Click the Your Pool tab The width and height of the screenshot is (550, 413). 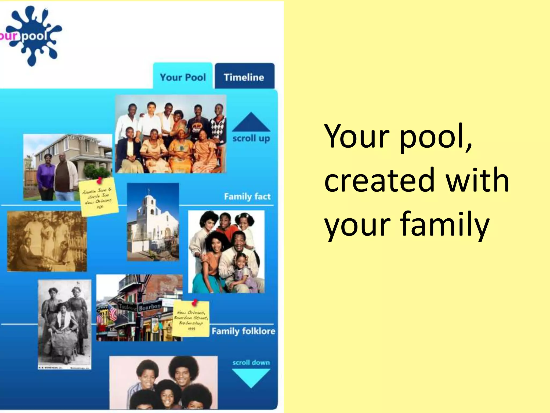[x=183, y=77]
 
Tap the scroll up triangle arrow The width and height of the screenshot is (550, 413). [x=251, y=123]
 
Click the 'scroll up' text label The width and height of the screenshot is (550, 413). [x=251, y=138]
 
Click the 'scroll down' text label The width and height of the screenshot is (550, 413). [x=251, y=362]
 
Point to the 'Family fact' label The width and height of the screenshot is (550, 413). [x=247, y=197]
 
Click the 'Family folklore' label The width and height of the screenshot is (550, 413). [x=243, y=331]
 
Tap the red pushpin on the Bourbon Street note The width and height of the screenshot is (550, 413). [x=195, y=303]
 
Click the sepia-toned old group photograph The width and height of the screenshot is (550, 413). [x=47, y=241]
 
